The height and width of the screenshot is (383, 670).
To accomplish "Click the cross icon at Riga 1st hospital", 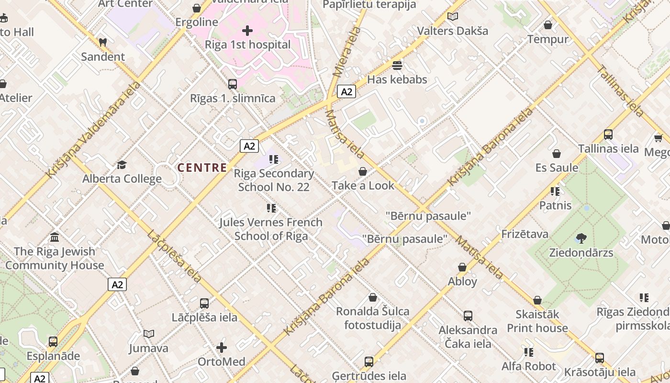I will (247, 31).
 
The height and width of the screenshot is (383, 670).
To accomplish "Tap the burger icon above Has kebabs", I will (397, 65).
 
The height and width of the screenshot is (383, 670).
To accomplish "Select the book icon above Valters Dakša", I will (452, 17).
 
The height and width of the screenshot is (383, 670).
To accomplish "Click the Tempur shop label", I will (548, 39).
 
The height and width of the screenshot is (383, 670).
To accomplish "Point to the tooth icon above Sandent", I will (102, 42).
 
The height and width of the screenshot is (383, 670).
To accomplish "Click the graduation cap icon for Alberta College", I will (122, 165).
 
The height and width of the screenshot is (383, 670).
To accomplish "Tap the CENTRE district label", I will (202, 168).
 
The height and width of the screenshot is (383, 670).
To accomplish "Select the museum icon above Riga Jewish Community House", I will (55, 237).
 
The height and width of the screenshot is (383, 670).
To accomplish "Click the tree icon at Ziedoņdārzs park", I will (581, 238).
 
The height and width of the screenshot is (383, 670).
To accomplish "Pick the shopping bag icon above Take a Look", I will (363, 171).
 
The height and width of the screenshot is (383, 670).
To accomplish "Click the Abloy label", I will (462, 282).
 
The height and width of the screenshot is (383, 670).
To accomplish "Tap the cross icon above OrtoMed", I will (222, 347).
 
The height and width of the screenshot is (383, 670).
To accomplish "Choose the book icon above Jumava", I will (149, 334).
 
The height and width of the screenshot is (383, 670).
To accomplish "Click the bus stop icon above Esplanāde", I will (53, 342).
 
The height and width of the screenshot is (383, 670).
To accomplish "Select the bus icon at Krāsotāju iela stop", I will (600, 358).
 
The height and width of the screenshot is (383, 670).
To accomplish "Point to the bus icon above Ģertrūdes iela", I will (368, 361).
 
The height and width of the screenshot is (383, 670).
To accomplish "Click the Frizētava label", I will (525, 234).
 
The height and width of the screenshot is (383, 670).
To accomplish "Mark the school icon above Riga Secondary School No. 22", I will (273, 159).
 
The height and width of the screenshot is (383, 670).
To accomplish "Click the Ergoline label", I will (197, 22).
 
